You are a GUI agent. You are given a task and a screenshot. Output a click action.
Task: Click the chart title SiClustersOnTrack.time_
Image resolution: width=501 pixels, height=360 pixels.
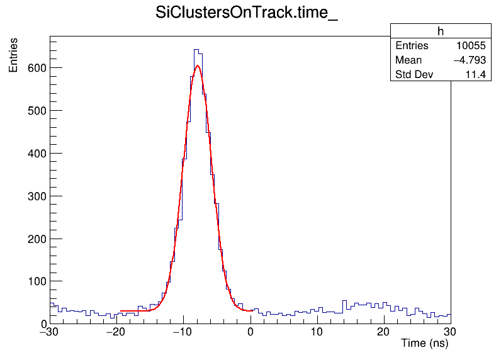[247, 14]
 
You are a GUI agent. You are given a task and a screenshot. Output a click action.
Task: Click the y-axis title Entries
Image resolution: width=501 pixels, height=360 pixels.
[13, 55]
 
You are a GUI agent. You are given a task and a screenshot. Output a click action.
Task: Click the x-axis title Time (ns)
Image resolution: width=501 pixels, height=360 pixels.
[424, 344]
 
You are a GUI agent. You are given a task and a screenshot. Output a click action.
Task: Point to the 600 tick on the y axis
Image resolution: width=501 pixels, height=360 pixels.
[37, 68]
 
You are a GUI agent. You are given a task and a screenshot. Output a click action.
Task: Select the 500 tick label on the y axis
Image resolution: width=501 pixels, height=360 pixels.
[37, 111]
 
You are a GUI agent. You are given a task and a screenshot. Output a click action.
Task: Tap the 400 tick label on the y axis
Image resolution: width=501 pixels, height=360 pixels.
[37, 154]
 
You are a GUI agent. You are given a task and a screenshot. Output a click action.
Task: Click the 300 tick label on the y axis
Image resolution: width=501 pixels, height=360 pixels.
[37, 196]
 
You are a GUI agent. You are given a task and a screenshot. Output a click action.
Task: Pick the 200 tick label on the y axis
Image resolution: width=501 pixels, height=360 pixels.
[37, 239]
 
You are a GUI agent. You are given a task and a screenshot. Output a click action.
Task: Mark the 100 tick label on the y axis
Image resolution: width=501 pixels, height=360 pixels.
[37, 281]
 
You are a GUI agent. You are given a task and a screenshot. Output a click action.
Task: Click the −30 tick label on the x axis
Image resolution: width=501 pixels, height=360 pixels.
[50, 333]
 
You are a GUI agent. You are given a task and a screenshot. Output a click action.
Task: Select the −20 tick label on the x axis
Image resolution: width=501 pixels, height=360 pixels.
[116, 333]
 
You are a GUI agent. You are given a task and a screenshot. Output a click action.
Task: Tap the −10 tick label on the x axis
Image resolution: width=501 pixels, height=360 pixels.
[183, 333]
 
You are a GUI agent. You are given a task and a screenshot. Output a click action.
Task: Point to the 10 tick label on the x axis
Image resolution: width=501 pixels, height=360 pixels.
[317, 333]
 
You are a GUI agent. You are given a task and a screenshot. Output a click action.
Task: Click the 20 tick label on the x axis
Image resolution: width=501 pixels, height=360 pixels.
[384, 333]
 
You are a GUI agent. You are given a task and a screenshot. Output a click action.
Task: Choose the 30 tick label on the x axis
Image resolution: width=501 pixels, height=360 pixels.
[451, 333]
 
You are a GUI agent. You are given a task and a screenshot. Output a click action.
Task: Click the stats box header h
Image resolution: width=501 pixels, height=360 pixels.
[441, 31]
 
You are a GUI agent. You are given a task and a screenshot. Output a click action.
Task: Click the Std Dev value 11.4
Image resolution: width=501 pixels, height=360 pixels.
[476, 75]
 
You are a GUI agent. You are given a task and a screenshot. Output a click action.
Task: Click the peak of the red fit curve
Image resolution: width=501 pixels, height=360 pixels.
[197, 65]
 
